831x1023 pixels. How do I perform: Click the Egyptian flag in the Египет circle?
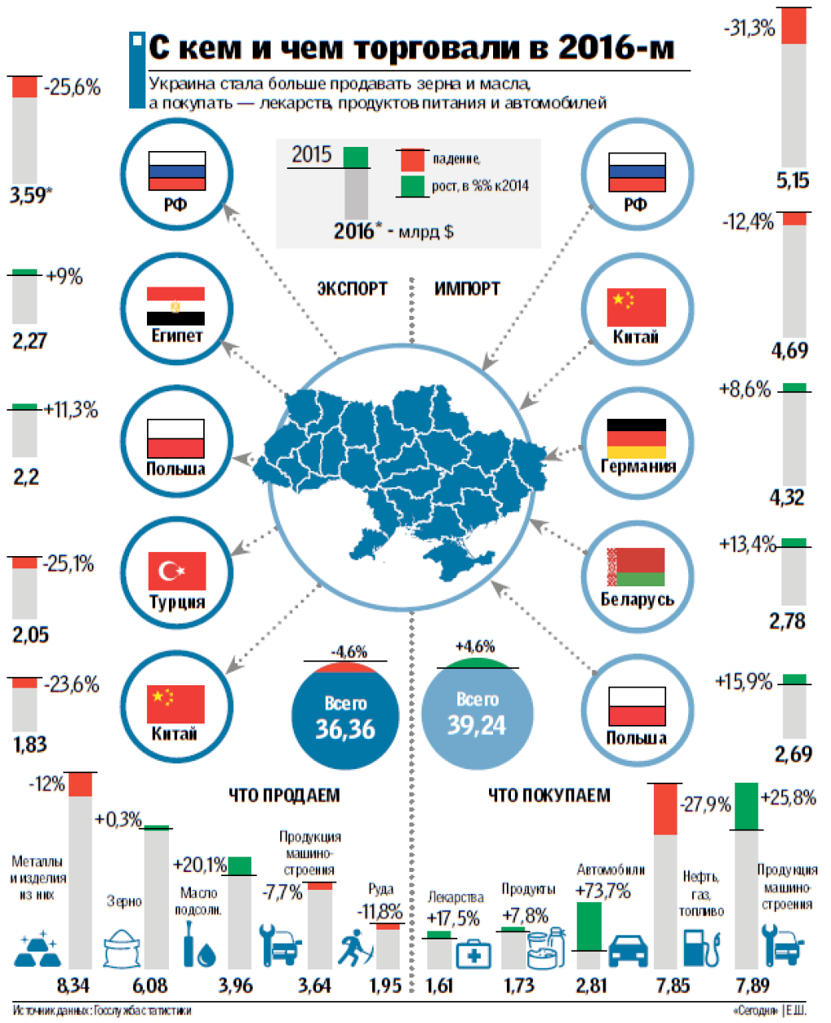click(x=175, y=306)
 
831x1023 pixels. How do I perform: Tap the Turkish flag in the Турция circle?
click(x=176, y=572)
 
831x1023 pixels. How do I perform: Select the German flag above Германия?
click(x=636, y=438)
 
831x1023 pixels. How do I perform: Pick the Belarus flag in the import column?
click(x=636, y=568)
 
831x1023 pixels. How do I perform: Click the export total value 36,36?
click(x=345, y=729)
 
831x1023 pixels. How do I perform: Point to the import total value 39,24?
click(x=477, y=725)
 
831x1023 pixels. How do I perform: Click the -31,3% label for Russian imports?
click(x=749, y=29)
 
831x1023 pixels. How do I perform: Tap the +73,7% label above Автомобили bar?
click(x=602, y=891)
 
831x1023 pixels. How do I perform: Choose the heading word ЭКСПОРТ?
click(x=352, y=288)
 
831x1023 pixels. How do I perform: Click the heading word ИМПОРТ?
click(x=467, y=288)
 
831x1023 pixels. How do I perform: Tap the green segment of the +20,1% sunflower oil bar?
click(x=240, y=865)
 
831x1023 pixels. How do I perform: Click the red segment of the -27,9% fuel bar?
click(x=665, y=809)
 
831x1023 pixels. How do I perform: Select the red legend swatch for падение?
click(x=412, y=159)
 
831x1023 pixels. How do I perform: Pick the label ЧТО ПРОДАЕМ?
click(x=283, y=795)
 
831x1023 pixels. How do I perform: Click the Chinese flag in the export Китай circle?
click(x=175, y=704)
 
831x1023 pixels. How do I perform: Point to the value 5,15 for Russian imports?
click(x=793, y=180)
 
